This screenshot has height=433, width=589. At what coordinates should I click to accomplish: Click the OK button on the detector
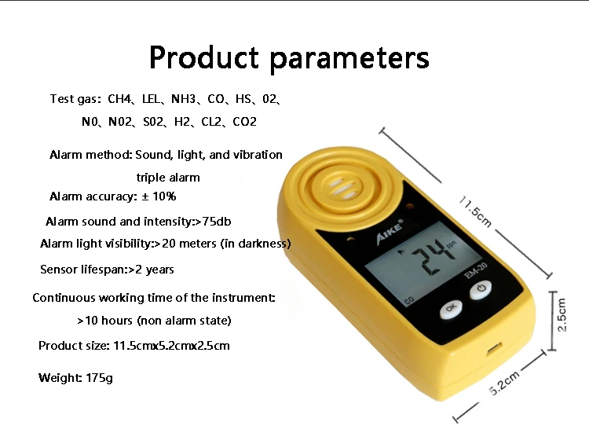(451, 309)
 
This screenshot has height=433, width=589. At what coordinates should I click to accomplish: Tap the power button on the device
(481, 289)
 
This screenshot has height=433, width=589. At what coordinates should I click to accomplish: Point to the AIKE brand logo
(390, 232)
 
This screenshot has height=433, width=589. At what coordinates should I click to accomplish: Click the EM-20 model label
(476, 270)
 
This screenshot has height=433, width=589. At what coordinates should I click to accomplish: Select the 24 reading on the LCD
(432, 257)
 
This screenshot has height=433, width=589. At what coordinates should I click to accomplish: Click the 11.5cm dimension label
(476, 211)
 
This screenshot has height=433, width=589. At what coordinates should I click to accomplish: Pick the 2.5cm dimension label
(562, 314)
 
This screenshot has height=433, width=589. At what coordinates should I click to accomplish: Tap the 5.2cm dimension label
(504, 382)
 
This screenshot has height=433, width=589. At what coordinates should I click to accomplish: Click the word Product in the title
(204, 57)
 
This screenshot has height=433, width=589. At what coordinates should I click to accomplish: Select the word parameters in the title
(349, 59)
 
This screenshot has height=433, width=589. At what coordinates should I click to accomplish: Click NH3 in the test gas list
(183, 99)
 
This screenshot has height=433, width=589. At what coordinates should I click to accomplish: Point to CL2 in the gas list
(211, 122)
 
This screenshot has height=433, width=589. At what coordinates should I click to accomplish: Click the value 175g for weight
(99, 378)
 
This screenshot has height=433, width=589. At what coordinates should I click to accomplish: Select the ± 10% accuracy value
(159, 196)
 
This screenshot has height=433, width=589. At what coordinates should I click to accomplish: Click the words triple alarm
(168, 178)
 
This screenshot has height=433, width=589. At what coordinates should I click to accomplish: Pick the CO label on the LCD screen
(409, 300)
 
